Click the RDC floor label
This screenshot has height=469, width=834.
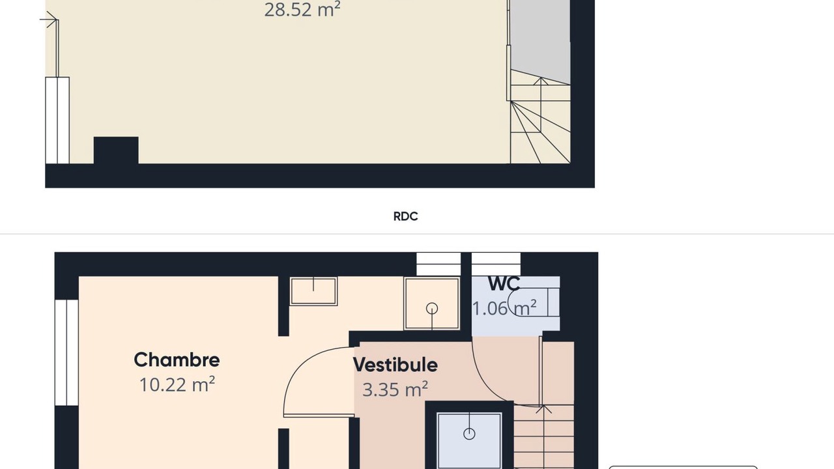click(405, 216)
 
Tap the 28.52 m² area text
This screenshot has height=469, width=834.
click(302, 10)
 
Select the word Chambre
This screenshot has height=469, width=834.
click(177, 360)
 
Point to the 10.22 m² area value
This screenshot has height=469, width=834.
click(177, 384)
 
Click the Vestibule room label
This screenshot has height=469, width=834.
click(395, 365)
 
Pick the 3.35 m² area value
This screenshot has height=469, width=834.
click(395, 390)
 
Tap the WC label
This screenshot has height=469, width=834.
click(504, 284)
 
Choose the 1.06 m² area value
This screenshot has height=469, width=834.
click(504, 308)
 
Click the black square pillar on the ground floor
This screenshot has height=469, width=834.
click(116, 150)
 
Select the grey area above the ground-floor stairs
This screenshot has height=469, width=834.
click(540, 42)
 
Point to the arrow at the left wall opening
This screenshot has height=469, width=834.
click(49, 20)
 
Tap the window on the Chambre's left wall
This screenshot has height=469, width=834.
click(66, 352)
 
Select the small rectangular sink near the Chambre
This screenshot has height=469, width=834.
click(313, 291)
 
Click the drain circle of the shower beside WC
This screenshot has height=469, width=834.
click(432, 308)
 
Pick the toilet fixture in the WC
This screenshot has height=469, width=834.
click(533, 302)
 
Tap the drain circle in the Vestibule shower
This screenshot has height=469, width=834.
click(469, 434)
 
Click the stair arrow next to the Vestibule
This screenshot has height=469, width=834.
click(543, 436)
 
